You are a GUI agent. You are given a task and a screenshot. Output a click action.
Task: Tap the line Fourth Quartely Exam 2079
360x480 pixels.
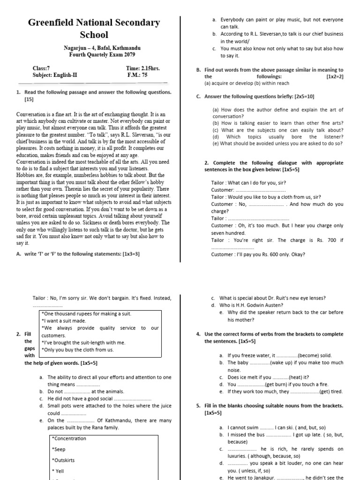click(102, 54)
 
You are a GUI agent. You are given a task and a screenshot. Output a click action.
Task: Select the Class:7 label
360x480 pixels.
click(41, 68)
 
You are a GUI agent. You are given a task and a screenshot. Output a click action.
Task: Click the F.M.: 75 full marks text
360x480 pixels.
click(137, 75)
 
